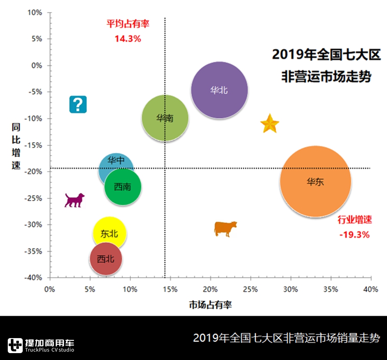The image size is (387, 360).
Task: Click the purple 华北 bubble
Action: coord(220,90)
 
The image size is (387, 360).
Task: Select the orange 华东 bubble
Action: coord(316,182)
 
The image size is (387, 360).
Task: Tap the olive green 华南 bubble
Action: coord(165,118)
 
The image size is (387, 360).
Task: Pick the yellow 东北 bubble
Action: coord(109,234)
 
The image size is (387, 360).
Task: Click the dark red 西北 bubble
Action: coord(106,259)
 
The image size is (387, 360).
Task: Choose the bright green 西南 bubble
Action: coord(123,187)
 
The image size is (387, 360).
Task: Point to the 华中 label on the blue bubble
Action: coord(116,161)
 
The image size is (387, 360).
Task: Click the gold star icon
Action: coord(270,124)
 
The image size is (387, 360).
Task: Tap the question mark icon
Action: coord(78,104)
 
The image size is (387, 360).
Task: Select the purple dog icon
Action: coord(74,200)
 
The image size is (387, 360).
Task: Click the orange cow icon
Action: coord(225,228)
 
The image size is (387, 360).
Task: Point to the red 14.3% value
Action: coord(128,38)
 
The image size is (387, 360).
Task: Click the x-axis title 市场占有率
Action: coord(210,305)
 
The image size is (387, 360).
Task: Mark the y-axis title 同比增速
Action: coord(16,146)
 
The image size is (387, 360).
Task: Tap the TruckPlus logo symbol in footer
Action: coord(15,345)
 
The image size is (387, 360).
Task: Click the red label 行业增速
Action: coord(354,220)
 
